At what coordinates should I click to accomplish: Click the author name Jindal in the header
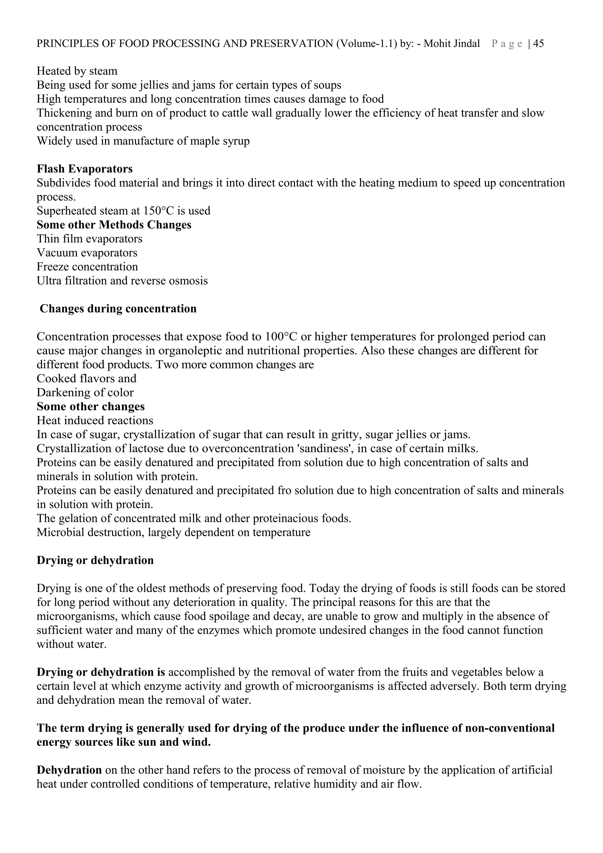pos(465,44)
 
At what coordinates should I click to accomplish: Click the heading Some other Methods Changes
pos(114,225)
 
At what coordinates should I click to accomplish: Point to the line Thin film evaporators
pos(89,239)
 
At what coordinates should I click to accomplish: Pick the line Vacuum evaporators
pos(87,253)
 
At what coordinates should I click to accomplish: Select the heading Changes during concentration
pos(118,309)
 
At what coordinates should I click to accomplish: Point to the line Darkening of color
pos(85,393)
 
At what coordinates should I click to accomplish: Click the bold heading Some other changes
pos(91,406)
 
